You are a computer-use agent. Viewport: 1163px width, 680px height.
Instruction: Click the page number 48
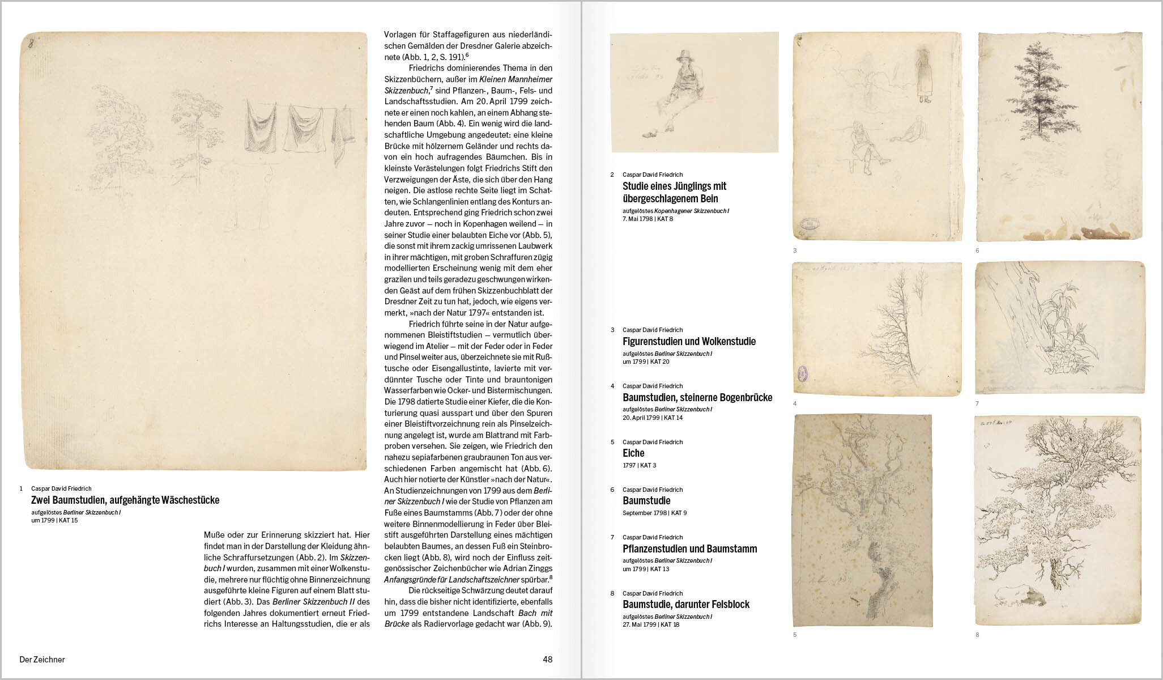coord(547,659)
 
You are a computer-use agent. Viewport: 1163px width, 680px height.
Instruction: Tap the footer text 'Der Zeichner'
coord(42,659)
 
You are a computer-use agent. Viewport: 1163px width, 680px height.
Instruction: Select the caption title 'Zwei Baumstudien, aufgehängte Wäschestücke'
coord(125,500)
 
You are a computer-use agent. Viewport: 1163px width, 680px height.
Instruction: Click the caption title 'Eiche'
coord(633,453)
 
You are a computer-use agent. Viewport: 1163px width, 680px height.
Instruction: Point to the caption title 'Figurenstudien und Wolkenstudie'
coord(689,341)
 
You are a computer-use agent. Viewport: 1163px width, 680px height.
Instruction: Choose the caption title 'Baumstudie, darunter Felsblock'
coord(685,604)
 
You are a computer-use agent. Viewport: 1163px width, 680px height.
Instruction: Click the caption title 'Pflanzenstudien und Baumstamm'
coord(689,549)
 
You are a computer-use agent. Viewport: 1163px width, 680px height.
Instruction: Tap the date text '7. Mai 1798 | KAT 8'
coord(647,219)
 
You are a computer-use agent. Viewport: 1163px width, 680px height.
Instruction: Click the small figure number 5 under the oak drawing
coord(795,635)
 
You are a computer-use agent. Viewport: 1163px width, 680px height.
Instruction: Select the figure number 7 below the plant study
coord(977,403)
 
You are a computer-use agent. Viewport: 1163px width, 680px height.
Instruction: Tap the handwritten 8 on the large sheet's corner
coord(31,45)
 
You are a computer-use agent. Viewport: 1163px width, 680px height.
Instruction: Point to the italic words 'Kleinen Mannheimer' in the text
coord(516,79)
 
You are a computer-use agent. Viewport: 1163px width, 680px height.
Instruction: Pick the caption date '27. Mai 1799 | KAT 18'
coord(650,624)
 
